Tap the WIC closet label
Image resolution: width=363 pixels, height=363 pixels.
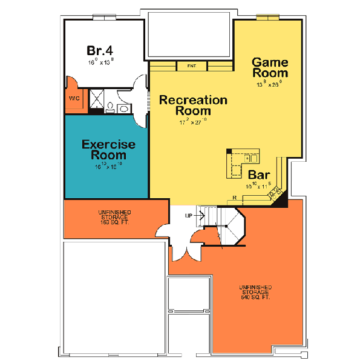74,98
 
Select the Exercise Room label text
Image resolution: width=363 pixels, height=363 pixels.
108,150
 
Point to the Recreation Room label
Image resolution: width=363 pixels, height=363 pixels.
193,105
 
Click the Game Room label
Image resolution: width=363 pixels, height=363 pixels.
269,67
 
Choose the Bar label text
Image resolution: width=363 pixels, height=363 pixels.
260,175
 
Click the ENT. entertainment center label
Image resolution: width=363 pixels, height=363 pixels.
192,65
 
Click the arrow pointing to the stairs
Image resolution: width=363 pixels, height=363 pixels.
200,215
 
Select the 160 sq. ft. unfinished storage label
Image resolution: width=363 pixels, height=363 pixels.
113,218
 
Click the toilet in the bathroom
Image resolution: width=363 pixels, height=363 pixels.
111,107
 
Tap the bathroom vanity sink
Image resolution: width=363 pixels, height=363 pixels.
123,108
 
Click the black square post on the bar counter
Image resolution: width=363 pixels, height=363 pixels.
229,151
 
